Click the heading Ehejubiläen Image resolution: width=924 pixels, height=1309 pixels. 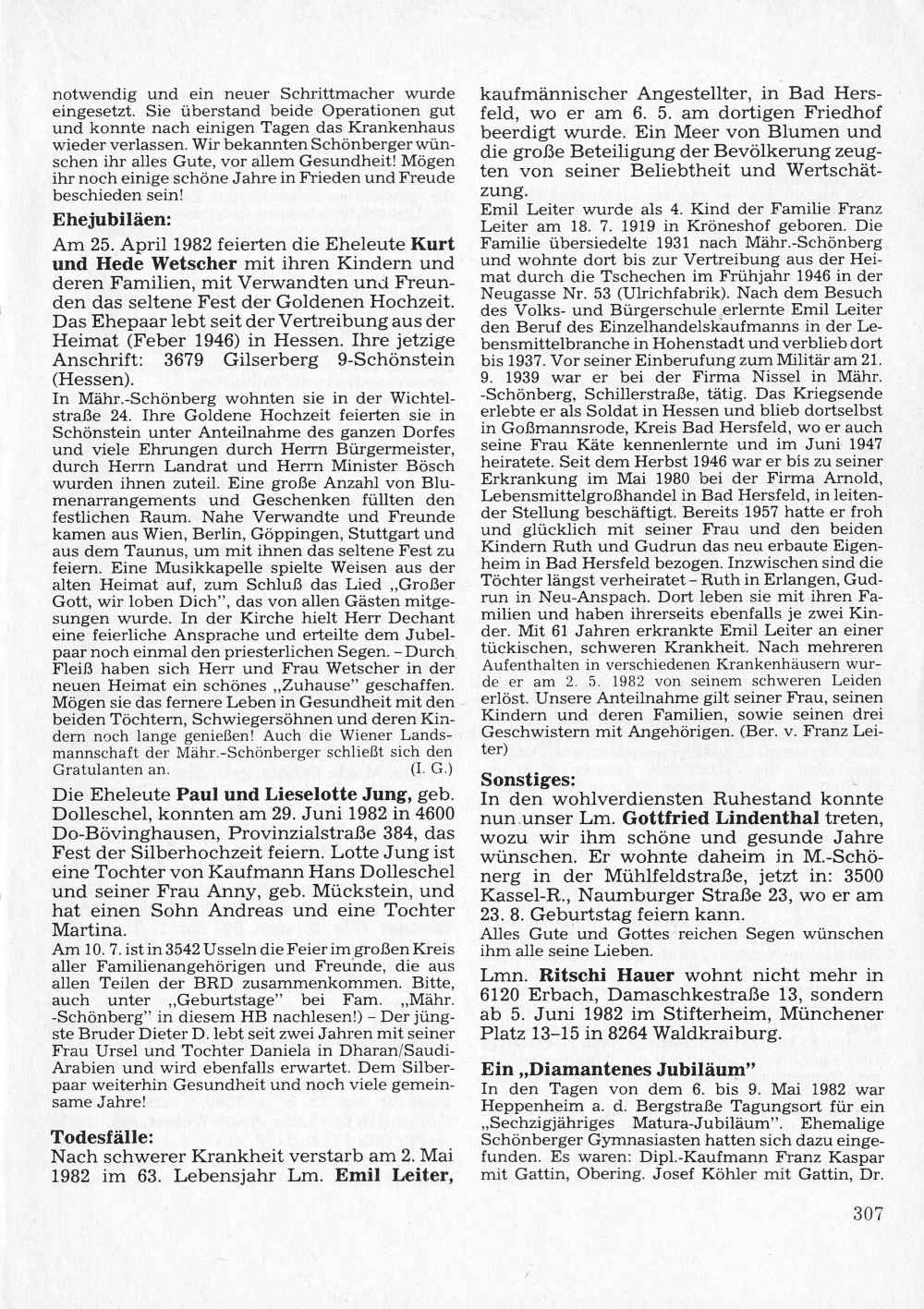112,222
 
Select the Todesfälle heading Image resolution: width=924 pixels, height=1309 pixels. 102,1136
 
